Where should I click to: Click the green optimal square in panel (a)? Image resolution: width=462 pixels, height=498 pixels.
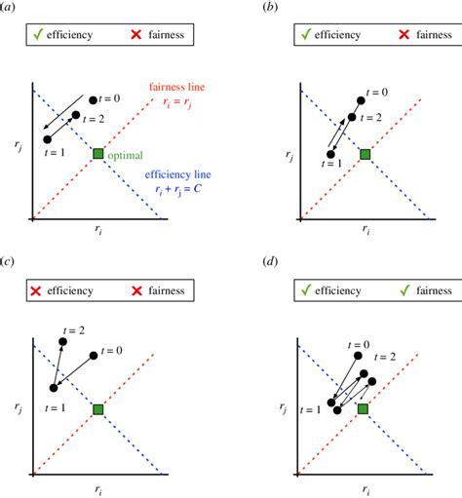pos(97,154)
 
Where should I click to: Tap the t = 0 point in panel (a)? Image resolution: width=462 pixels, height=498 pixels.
pos(93,99)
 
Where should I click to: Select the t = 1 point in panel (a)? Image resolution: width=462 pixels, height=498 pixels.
pos(48,140)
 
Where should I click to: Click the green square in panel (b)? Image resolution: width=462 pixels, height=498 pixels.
pos(365,154)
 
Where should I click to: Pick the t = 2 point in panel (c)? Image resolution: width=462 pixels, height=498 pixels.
pos(63,341)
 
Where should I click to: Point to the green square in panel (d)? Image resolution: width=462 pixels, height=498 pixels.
pos(363,410)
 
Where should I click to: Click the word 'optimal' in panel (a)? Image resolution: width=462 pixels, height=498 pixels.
pos(127,154)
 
